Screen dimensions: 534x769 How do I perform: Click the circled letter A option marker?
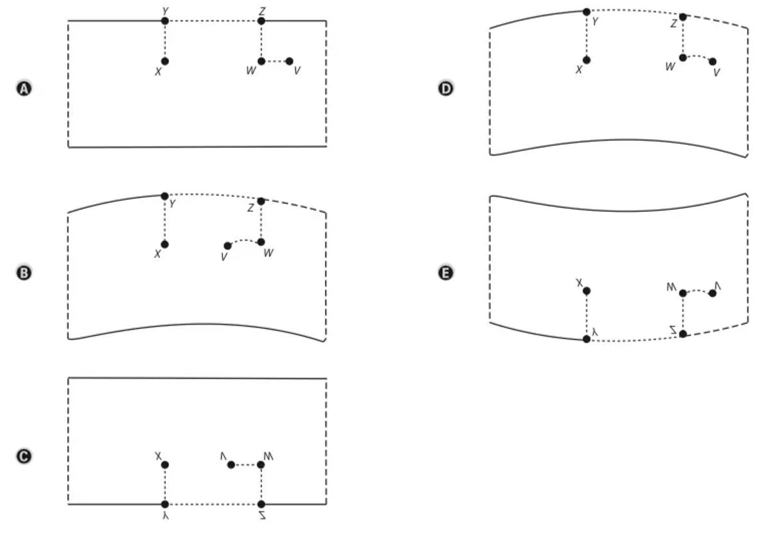pyautogui.click(x=23, y=89)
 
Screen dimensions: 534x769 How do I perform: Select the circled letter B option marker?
pyautogui.click(x=23, y=273)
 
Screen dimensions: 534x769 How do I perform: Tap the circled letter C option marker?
pyautogui.click(x=23, y=456)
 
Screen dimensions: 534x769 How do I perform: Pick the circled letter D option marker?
pyautogui.click(x=446, y=89)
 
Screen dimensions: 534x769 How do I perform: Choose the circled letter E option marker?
pyautogui.click(x=446, y=273)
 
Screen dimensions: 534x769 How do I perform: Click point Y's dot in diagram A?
pyautogui.click(x=165, y=20)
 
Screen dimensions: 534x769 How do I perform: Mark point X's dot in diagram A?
pyautogui.click(x=165, y=61)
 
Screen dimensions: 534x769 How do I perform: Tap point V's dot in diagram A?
pyautogui.click(x=289, y=61)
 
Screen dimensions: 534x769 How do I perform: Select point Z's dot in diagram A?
pyautogui.click(x=261, y=20)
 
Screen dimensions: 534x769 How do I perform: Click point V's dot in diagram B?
pyautogui.click(x=227, y=246)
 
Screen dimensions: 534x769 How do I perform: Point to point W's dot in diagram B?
pyautogui.click(x=261, y=242)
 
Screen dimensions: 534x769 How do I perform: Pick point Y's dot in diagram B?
pyautogui.click(x=165, y=196)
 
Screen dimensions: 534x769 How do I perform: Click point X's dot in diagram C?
pyautogui.click(x=165, y=465)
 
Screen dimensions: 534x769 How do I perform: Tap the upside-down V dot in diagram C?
pyautogui.click(x=231, y=465)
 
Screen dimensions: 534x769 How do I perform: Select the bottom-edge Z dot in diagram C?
pyautogui.click(x=261, y=505)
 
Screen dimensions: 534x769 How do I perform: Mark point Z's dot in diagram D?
pyautogui.click(x=682, y=17)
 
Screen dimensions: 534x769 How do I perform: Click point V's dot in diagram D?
pyautogui.click(x=713, y=61)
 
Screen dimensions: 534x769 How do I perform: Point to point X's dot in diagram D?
pyautogui.click(x=586, y=60)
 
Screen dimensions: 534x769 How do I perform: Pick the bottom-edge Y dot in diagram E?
pyautogui.click(x=586, y=339)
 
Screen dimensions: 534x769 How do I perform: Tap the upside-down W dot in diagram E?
pyautogui.click(x=682, y=293)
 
